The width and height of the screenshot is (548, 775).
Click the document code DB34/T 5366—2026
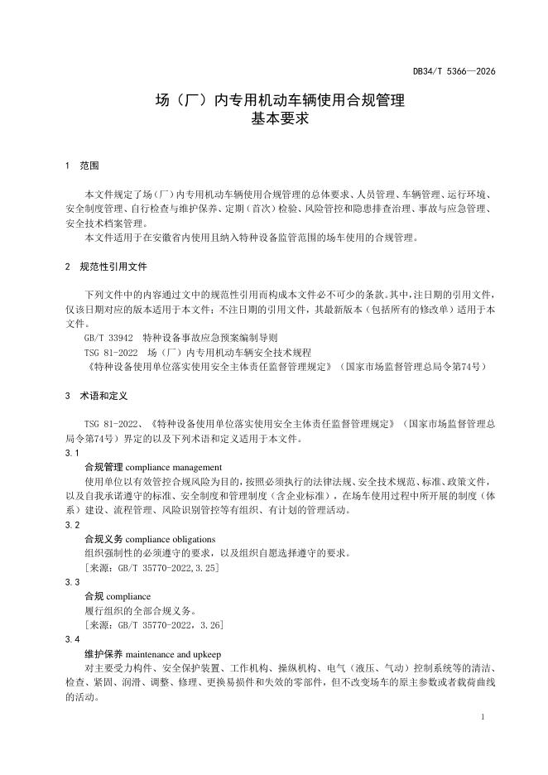coord(454,72)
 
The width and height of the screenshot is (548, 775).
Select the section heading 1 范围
coord(82,166)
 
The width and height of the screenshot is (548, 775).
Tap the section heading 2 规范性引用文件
coord(106,267)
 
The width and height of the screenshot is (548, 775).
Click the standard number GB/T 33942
coord(107,339)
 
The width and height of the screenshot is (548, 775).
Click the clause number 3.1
coord(72,453)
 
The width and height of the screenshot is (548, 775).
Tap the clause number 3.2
coord(72,525)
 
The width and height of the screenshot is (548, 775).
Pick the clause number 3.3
coord(72,582)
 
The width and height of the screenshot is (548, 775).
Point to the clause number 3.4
coord(72,639)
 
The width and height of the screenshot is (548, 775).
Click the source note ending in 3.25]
coord(151,567)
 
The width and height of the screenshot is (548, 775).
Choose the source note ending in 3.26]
coord(153,624)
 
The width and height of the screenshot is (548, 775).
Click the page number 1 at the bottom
coord(481,715)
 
